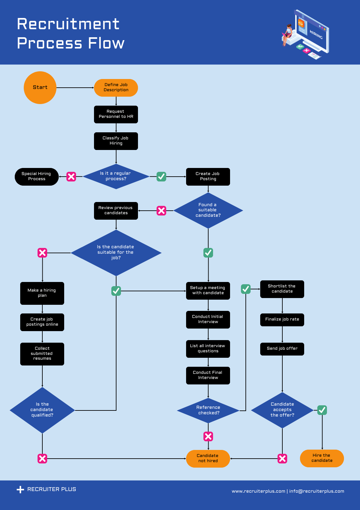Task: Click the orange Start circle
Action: point(40,87)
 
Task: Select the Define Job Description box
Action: point(116,88)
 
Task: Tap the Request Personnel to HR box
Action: point(116,114)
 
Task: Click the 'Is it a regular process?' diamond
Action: point(116,176)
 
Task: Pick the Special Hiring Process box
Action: point(37,176)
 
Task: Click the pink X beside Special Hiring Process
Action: point(71,176)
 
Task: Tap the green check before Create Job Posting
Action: point(161,176)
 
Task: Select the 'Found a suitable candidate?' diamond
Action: point(208,210)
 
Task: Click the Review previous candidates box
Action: point(116,211)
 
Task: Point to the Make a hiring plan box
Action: point(42,293)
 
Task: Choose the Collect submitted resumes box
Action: point(42,354)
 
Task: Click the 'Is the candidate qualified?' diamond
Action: point(42,410)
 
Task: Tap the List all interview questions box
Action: point(208,348)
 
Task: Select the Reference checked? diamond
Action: point(208,410)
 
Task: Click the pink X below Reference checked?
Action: point(208,436)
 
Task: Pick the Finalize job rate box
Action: point(282,320)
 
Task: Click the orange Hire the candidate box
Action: point(322,458)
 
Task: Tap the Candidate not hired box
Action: point(208,458)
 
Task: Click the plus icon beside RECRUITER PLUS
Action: point(20,489)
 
